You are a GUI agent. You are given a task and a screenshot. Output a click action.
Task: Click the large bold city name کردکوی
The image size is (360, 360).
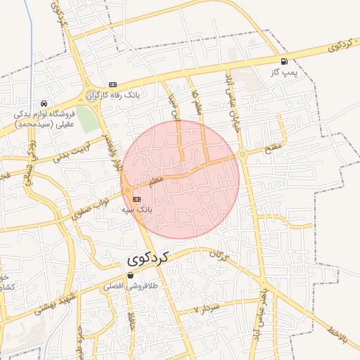click(x=149, y=259)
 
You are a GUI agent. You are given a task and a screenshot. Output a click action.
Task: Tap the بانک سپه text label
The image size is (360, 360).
click(x=136, y=210)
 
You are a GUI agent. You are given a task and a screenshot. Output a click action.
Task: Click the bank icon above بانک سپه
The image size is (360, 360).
click(x=136, y=199)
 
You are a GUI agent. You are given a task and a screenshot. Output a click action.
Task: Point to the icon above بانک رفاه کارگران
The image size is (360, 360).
click(x=113, y=84)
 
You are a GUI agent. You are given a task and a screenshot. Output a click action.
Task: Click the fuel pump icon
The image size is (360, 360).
click(x=284, y=61)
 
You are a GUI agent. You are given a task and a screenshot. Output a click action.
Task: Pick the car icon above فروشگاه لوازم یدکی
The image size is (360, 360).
click(x=44, y=103)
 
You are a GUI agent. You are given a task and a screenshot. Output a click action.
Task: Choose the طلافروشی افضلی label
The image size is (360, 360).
click(x=123, y=286)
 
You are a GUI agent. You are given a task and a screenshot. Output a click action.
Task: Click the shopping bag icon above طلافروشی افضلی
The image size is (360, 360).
click(x=130, y=276)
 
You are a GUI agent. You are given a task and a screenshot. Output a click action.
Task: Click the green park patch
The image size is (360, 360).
click(x=86, y=119)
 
